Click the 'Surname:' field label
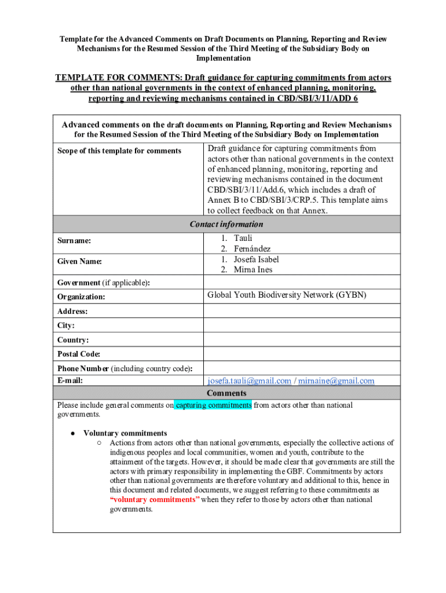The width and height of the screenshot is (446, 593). coord(74,240)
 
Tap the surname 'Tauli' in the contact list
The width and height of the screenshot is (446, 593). coord(243,238)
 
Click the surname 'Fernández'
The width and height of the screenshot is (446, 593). coord(252,248)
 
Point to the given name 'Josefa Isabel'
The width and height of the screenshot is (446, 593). coord(256,259)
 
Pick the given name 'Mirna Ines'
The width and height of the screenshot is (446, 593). coord(253,269)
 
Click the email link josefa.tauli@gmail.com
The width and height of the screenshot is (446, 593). coord(249,380)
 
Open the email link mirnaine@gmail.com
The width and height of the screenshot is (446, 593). coord(336,380)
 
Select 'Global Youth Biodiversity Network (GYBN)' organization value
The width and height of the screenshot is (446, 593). coord(287,295)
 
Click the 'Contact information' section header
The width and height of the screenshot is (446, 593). coord(226,224)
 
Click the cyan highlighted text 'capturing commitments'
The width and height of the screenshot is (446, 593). coord(213,405)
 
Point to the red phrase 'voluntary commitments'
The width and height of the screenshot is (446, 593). coord(155,499)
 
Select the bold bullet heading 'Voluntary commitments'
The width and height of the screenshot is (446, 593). coord(125,433)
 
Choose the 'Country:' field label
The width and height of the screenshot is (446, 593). coord(73,340)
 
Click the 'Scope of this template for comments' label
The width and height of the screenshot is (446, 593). coord(119,151)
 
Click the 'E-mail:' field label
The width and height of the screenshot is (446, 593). coord(70,380)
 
